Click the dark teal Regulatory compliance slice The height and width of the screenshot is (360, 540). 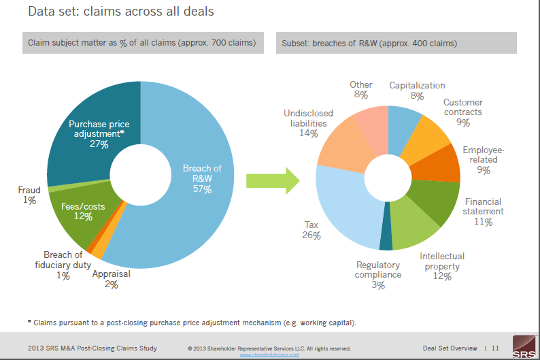click(386, 238)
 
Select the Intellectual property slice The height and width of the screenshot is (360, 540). click(415, 228)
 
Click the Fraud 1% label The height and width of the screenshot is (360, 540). click(29, 195)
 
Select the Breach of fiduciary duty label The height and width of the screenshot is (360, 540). click(63, 261)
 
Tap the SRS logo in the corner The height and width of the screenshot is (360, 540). click(523, 346)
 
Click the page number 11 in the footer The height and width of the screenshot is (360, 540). click(495, 348)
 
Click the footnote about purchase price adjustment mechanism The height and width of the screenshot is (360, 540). click(191, 322)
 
